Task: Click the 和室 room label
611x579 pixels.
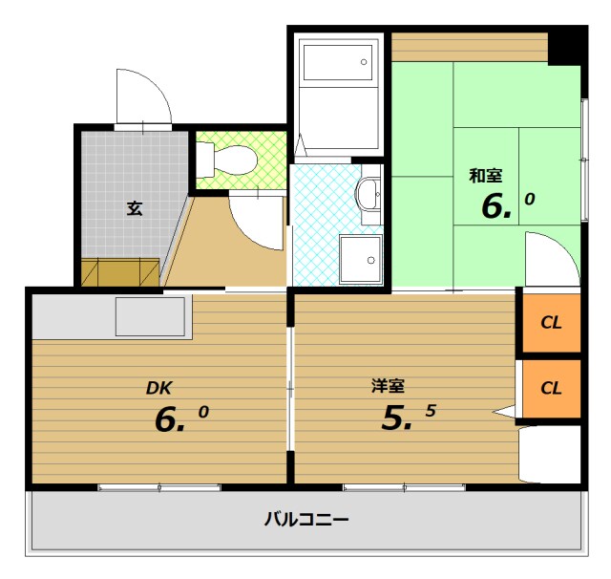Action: pos(485,176)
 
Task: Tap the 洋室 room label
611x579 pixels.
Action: pos(389,386)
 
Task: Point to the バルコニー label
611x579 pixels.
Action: pos(305,521)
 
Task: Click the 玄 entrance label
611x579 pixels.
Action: pos(135,208)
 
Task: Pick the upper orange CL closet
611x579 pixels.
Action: pos(550,322)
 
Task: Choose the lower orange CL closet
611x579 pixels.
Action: pos(550,388)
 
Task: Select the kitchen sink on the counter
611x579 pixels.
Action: pos(150,316)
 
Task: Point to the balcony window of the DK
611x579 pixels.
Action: pos(159,487)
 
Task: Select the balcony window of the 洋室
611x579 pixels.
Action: pos(405,487)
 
